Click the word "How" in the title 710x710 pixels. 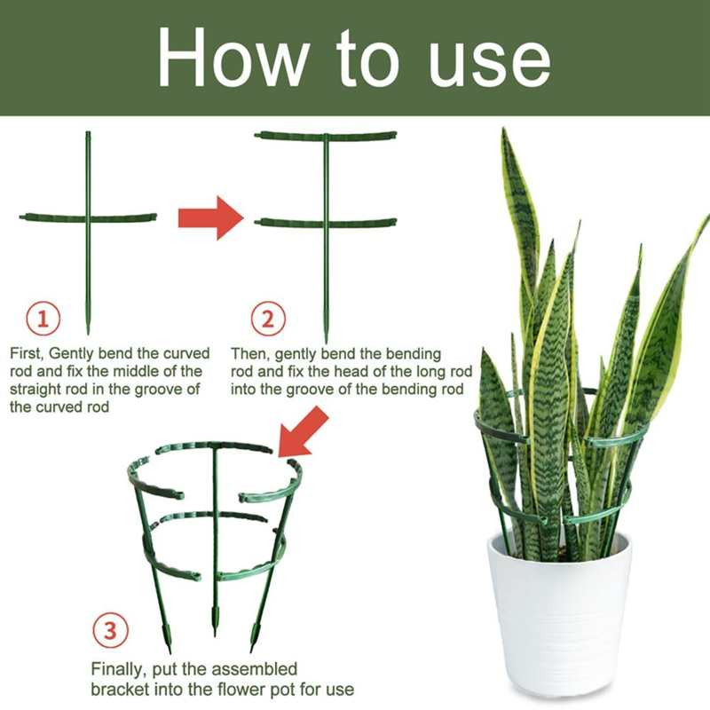pos(231,58)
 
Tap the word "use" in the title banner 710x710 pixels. pos(490,63)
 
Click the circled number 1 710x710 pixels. pos(43,319)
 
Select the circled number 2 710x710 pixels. pos(268,319)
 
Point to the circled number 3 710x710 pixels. pos(110,630)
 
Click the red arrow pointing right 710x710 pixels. pos(211,217)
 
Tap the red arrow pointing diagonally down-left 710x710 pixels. pos(303,431)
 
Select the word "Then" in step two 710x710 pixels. pos(248,353)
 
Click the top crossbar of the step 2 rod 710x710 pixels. pos(325,135)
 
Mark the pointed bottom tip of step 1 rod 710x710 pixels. pos(88,335)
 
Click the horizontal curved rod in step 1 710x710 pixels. pos(88,217)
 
